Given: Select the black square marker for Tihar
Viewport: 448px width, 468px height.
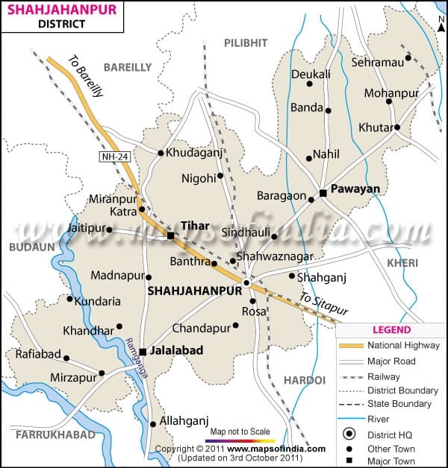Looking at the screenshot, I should [170, 235].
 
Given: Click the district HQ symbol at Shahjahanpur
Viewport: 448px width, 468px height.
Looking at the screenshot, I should [246, 282].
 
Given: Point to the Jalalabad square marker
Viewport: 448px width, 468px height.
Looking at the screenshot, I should [142, 352].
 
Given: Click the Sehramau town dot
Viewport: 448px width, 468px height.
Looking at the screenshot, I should [408, 58].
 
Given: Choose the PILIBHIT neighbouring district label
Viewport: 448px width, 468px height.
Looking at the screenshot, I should [246, 43].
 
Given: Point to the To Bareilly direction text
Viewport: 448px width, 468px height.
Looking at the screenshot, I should [84, 77].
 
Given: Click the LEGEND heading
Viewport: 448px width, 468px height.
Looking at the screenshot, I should [391, 329].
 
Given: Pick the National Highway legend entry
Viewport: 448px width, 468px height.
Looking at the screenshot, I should [403, 345].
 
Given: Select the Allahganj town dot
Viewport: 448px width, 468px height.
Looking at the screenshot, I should [153, 424].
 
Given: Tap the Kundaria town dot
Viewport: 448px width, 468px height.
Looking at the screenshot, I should [70, 300].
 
